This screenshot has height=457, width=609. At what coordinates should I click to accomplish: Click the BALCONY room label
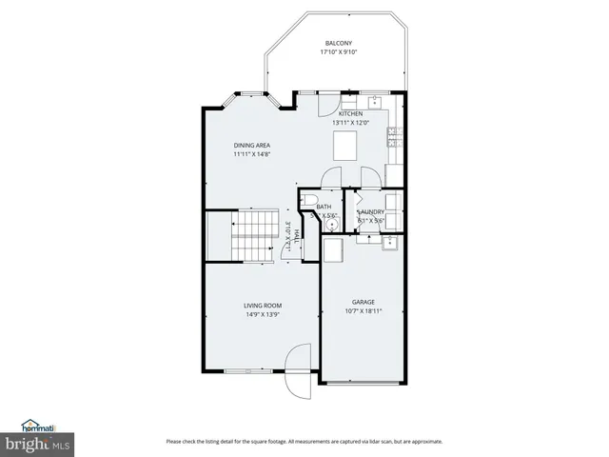pos(339,44)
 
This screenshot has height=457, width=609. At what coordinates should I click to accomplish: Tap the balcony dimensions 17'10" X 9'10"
pos(339,53)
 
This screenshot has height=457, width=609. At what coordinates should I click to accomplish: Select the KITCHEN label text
pos(350,114)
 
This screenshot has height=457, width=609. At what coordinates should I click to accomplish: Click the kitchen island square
pos(344,146)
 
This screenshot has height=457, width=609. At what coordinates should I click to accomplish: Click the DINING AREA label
pos(252,145)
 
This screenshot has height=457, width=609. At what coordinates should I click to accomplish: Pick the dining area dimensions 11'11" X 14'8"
pos(252,154)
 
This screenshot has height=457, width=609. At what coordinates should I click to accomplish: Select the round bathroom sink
pos(330,227)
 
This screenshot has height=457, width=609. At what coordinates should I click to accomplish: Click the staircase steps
pos(253,237)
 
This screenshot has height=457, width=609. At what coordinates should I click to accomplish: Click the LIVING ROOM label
pos(263,306)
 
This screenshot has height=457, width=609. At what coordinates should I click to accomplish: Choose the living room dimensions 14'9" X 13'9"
pos(263,315)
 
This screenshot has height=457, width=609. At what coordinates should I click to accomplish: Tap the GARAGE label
pos(363,302)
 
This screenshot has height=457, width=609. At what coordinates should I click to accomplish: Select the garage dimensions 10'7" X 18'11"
pos(363,311)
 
